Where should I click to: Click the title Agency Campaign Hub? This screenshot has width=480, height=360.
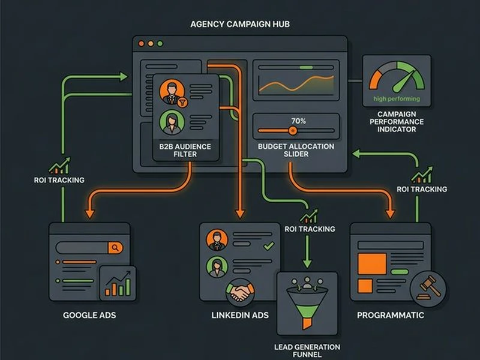point(240,25)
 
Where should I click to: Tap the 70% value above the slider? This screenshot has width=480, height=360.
point(298,121)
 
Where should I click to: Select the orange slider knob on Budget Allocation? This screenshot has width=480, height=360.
point(293,130)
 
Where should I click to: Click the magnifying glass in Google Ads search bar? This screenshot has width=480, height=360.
point(115,247)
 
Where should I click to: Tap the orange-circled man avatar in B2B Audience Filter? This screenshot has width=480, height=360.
point(172,92)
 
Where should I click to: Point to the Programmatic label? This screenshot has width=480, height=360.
point(391,315)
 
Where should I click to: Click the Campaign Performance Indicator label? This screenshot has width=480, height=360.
point(401,121)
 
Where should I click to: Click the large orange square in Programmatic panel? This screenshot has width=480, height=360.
point(372,263)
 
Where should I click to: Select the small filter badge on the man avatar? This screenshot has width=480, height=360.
point(183,103)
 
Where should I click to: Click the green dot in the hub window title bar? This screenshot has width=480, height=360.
point(160,44)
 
